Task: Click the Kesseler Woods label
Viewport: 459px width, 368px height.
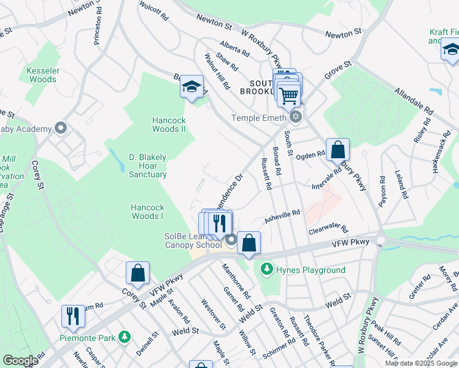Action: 42,75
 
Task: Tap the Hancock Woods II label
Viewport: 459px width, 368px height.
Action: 169,125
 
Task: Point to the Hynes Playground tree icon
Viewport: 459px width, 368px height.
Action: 266,269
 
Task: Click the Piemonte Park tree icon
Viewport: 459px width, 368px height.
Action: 125,337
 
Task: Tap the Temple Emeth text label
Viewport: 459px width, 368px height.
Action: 258,118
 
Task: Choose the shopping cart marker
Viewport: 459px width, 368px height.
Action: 289,96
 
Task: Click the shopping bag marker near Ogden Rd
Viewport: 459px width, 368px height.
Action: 337,150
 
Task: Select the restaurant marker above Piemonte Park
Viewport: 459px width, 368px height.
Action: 73,316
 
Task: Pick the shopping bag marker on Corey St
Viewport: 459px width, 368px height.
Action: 138,274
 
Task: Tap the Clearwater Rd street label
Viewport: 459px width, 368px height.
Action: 328,229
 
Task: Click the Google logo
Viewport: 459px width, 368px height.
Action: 20,361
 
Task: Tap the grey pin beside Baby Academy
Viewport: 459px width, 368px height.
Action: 60,129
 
